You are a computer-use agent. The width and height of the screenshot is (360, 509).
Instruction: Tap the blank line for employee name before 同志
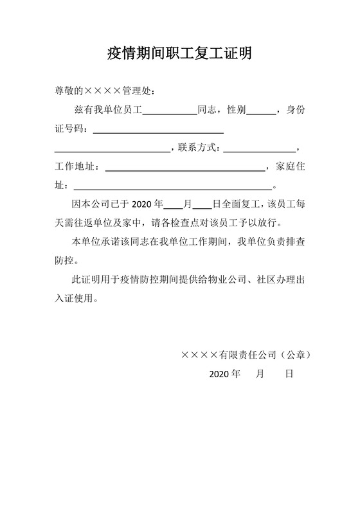tap(169, 111)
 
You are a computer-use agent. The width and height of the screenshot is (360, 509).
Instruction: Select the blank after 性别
tap(260, 111)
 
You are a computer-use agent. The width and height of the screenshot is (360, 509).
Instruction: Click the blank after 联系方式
tap(259, 149)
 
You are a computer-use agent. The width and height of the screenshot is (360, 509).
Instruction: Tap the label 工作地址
tap(75, 167)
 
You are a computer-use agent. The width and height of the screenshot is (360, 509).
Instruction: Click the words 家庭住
tap(290, 167)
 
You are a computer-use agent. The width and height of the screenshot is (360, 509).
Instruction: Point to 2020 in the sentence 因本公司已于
tap(142, 205)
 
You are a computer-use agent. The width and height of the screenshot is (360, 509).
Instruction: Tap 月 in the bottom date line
tap(260, 373)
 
